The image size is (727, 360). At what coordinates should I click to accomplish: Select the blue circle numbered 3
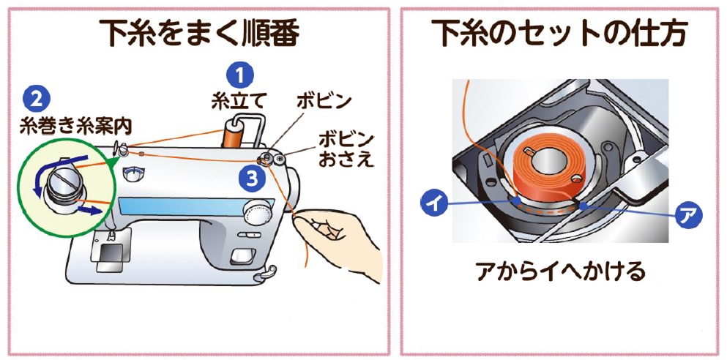pyautogui.click(x=251, y=176)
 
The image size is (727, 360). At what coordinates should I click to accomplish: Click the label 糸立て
pyautogui.click(x=234, y=100)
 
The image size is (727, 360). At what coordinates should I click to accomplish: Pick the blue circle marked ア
pyautogui.click(x=689, y=217)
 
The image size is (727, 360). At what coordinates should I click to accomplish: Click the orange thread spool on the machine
pyautogui.click(x=232, y=138)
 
